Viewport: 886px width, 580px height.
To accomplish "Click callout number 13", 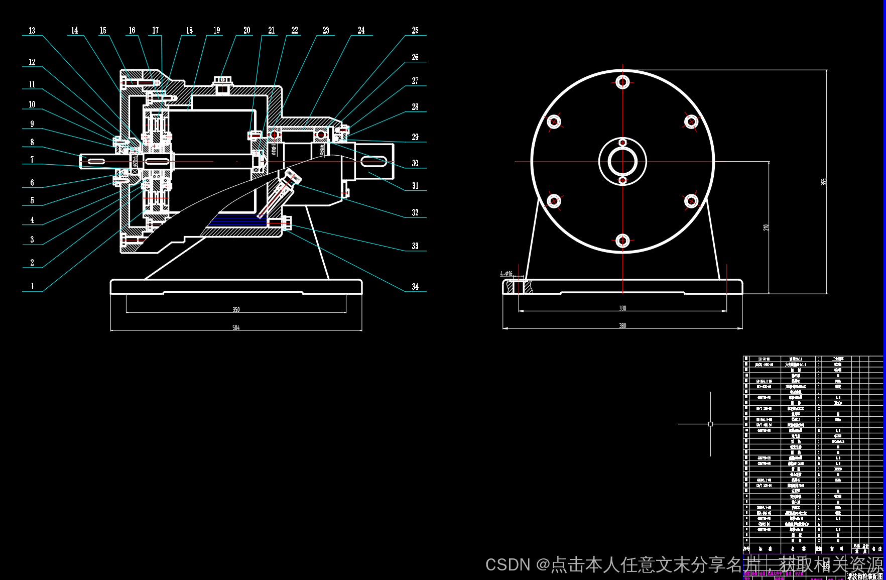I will pyautogui.click(x=32, y=31).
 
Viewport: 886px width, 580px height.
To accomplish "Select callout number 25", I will pyautogui.click(x=415, y=31).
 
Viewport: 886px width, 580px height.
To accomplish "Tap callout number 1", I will pyautogui.click(x=33, y=286).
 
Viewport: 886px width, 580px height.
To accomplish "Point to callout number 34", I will pyautogui.click(x=415, y=287).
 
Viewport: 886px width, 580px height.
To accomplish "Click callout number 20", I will pyautogui.click(x=247, y=31).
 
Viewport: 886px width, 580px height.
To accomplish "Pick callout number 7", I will pyautogui.click(x=32, y=160).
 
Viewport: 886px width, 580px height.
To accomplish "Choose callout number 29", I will pyautogui.click(x=415, y=137).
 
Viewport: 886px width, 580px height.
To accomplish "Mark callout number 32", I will pyautogui.click(x=415, y=212).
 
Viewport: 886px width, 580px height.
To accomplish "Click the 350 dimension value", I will pyautogui.click(x=236, y=309).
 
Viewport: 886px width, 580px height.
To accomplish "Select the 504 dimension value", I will pyautogui.click(x=236, y=327).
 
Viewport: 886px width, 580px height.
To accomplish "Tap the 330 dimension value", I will pyautogui.click(x=622, y=308).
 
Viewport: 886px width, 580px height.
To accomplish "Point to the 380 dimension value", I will pyautogui.click(x=622, y=325).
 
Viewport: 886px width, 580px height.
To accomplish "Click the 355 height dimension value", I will pyautogui.click(x=824, y=181).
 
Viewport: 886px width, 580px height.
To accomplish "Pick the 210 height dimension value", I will pyautogui.click(x=766, y=227).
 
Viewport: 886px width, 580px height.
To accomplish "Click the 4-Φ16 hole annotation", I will pyautogui.click(x=506, y=274).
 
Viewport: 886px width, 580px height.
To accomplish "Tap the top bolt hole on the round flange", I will pyautogui.click(x=623, y=82).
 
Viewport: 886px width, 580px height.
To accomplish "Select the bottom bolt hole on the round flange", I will pyautogui.click(x=623, y=241).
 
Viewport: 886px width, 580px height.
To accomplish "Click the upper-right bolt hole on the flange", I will pyautogui.click(x=691, y=122).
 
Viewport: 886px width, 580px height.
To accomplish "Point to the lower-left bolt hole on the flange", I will pyautogui.click(x=554, y=201).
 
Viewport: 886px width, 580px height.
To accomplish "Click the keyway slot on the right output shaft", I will pyautogui.click(x=374, y=162).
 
